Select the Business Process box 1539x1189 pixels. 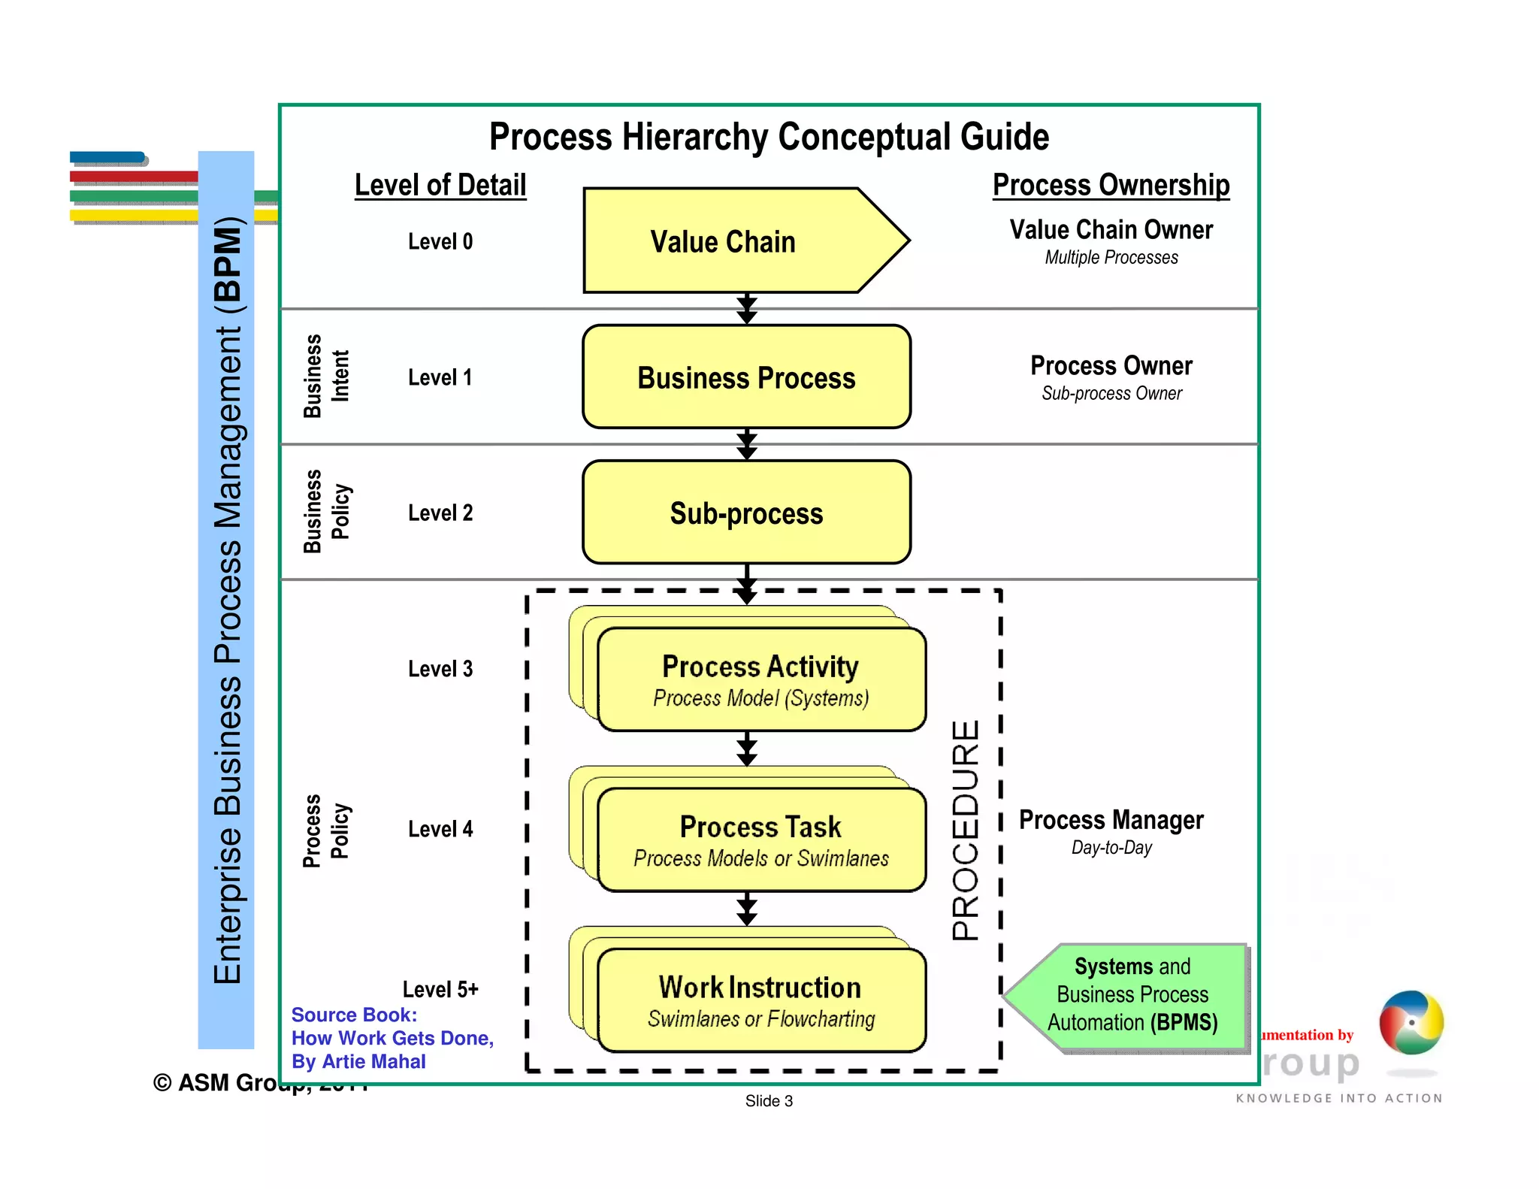click(x=746, y=377)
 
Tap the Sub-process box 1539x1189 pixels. click(x=746, y=513)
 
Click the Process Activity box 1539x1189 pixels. click(x=760, y=679)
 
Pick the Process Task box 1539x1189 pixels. click(x=760, y=840)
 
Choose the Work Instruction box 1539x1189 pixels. click(x=760, y=1000)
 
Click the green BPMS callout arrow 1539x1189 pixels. click(x=1127, y=995)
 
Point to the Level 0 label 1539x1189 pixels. click(x=440, y=241)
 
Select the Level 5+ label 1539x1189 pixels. click(x=440, y=988)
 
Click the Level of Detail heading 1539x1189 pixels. click(x=440, y=185)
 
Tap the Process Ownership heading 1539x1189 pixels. click(x=1111, y=185)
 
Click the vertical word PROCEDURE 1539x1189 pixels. click(x=966, y=830)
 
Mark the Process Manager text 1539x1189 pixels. click(x=1111, y=819)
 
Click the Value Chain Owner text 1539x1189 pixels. click(x=1111, y=229)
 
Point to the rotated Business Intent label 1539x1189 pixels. click(x=325, y=376)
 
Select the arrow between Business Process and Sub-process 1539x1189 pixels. click(x=746, y=444)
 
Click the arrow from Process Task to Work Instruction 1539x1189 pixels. click(x=746, y=909)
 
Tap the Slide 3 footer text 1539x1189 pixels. click(x=769, y=1101)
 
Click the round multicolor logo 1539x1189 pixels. click(x=1410, y=1022)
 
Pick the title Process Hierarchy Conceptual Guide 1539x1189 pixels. click(x=769, y=137)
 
